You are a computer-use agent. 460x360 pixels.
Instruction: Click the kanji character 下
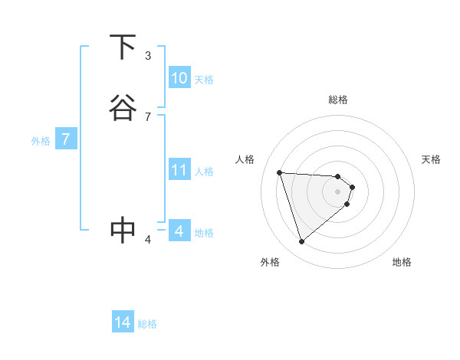(x=123, y=47)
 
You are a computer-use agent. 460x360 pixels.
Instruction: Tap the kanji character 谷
(x=123, y=108)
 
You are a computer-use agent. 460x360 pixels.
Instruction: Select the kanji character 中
(x=123, y=230)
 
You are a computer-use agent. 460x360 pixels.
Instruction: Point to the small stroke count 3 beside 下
(x=148, y=56)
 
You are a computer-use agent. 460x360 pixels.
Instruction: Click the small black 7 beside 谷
(x=148, y=116)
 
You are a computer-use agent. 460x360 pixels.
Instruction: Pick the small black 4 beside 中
(x=148, y=239)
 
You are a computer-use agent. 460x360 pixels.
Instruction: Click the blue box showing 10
(x=179, y=78)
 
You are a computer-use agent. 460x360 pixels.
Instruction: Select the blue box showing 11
(x=179, y=170)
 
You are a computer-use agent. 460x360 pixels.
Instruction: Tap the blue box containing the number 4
(x=179, y=231)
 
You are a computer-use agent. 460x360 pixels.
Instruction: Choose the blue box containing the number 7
(x=66, y=139)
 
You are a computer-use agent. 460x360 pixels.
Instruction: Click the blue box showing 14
(x=123, y=322)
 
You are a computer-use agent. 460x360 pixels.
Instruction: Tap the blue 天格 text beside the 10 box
(x=204, y=80)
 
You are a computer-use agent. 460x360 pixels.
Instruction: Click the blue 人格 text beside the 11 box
(x=205, y=172)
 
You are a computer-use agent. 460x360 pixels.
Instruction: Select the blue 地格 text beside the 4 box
(x=204, y=233)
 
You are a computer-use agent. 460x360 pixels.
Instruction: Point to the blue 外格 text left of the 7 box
(x=41, y=141)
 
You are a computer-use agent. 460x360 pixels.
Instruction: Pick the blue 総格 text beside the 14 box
(x=147, y=324)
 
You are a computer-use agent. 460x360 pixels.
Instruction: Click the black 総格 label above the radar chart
(x=338, y=100)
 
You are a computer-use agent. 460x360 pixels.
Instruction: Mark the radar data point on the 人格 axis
(x=280, y=172)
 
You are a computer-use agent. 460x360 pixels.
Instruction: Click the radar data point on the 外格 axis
(x=301, y=242)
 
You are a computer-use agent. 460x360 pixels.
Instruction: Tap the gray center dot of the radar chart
(x=338, y=191)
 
